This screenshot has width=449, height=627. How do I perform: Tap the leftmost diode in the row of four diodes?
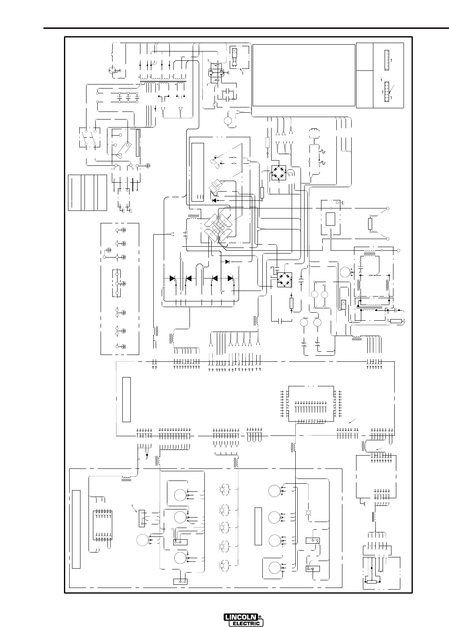pyautogui.click(x=172, y=278)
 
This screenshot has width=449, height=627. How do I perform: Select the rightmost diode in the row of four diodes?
pyautogui.click(x=231, y=278)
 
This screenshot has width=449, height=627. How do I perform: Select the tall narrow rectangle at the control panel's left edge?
pyautogui.click(x=76, y=529)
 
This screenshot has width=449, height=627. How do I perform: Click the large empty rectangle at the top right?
pyautogui.click(x=304, y=75)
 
